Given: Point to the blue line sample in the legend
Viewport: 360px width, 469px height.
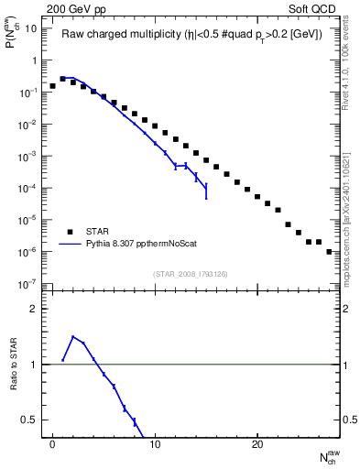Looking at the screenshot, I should (x=71, y=245).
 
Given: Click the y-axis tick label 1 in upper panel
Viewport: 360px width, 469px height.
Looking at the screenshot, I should (x=33, y=60).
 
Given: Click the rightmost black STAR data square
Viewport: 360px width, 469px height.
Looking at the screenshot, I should (x=329, y=251).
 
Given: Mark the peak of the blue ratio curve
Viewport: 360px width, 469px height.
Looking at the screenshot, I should (x=73, y=336).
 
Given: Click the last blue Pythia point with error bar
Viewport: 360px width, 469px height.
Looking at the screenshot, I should (x=206, y=191).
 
